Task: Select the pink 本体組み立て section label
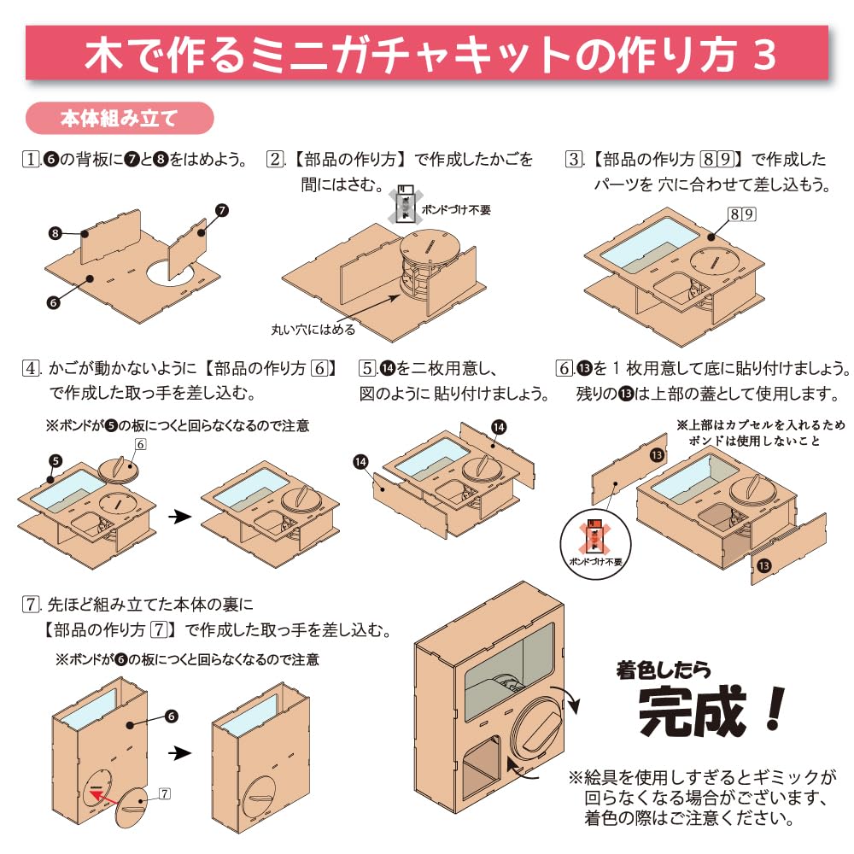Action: (119, 118)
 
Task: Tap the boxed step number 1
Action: (32, 160)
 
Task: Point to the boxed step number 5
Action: (368, 369)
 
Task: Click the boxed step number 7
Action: (32, 605)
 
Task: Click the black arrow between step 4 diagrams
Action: (176, 517)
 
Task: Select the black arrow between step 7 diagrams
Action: (178, 753)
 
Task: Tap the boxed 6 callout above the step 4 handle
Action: (141, 444)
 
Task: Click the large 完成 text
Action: (712, 715)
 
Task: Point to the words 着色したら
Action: (663, 670)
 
